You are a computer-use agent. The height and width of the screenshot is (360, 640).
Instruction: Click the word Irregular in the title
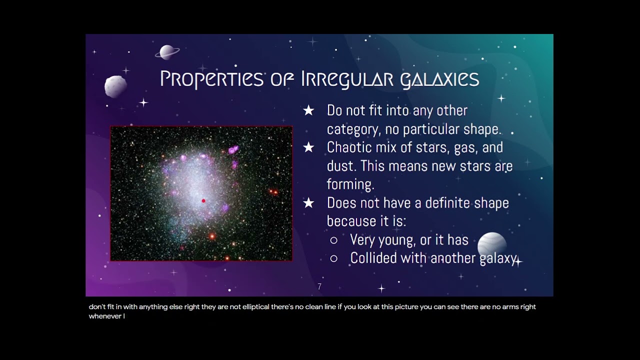[x=347, y=79]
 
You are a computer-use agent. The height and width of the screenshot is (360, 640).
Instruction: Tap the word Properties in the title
[x=211, y=79]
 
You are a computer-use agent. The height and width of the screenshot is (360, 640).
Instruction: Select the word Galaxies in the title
[x=439, y=79]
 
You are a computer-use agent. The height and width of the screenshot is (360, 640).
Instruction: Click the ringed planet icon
[x=167, y=52]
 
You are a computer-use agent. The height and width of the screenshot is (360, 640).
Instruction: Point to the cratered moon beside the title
[x=115, y=86]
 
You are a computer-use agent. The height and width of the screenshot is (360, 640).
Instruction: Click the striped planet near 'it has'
[x=492, y=244]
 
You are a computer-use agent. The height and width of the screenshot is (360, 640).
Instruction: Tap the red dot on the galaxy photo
[x=203, y=201]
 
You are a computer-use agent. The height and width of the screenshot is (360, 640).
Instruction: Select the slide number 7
[x=319, y=286]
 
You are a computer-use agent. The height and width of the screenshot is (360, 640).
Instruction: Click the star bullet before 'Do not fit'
[x=308, y=110]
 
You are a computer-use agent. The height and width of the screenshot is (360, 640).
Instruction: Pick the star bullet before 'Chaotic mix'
[x=308, y=147]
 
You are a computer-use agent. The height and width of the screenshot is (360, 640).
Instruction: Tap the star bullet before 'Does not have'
[x=308, y=203]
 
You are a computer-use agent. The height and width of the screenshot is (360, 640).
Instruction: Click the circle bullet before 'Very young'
[x=333, y=240]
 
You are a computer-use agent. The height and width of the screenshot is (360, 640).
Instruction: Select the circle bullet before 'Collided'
[x=333, y=258]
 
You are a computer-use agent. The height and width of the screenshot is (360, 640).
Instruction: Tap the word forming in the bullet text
[x=350, y=184]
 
